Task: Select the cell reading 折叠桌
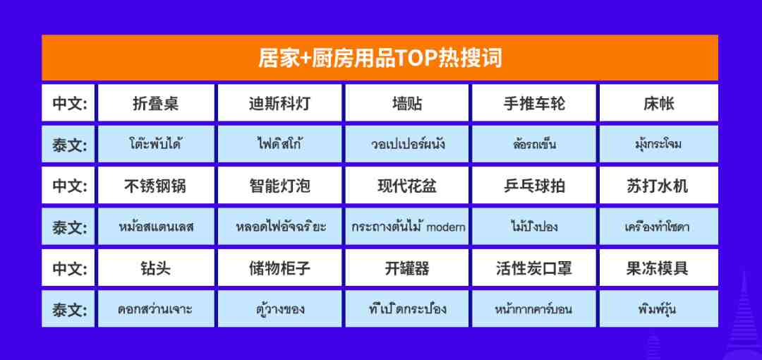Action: (x=156, y=102)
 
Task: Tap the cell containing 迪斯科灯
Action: (x=279, y=102)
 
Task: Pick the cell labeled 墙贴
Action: (x=407, y=102)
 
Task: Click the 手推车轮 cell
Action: (x=534, y=102)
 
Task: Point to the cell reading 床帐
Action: (x=658, y=102)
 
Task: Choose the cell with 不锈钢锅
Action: (x=156, y=186)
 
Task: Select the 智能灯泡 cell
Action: (x=279, y=186)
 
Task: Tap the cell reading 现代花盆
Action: (x=407, y=186)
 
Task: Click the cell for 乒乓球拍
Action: (x=534, y=186)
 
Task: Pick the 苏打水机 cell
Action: (x=658, y=186)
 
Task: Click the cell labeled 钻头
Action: (x=156, y=268)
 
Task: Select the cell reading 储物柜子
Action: (x=279, y=268)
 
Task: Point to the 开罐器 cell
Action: (x=407, y=268)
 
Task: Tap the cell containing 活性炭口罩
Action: (x=534, y=268)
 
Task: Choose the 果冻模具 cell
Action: (x=658, y=268)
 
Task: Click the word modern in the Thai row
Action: (x=446, y=227)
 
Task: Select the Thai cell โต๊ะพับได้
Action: (x=156, y=144)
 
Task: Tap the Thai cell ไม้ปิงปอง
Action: (x=534, y=227)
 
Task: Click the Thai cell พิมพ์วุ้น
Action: (x=658, y=309)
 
